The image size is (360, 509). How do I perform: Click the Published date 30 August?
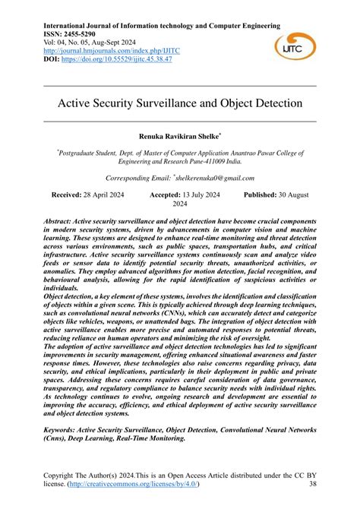point(287,195)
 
